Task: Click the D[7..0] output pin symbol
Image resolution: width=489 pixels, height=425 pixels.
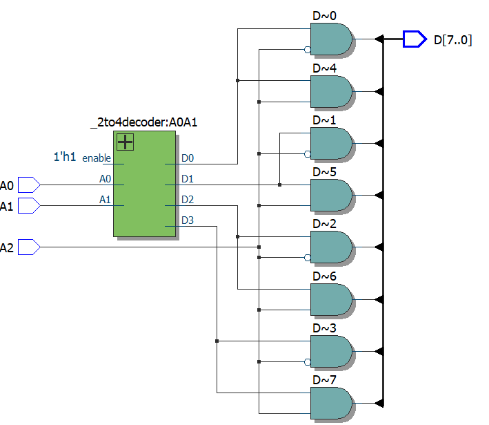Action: pos(414,39)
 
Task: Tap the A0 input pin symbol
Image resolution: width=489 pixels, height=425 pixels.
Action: pos(28,185)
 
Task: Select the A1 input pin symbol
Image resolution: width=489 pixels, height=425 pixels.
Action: pos(28,205)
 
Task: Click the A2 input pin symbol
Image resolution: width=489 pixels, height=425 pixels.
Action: pos(28,247)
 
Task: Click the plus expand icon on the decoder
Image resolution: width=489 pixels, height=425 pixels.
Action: pos(125,142)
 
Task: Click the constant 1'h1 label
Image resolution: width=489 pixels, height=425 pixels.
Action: pos(65,158)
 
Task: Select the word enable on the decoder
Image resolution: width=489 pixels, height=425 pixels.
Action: pos(97,158)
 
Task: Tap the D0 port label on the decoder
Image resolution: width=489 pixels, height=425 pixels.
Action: pos(188,158)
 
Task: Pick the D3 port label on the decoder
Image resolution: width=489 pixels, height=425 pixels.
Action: pos(188,220)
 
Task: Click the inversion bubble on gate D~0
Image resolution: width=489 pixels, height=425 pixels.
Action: pos(307,49)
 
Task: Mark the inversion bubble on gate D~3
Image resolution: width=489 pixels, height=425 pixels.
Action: pos(307,361)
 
